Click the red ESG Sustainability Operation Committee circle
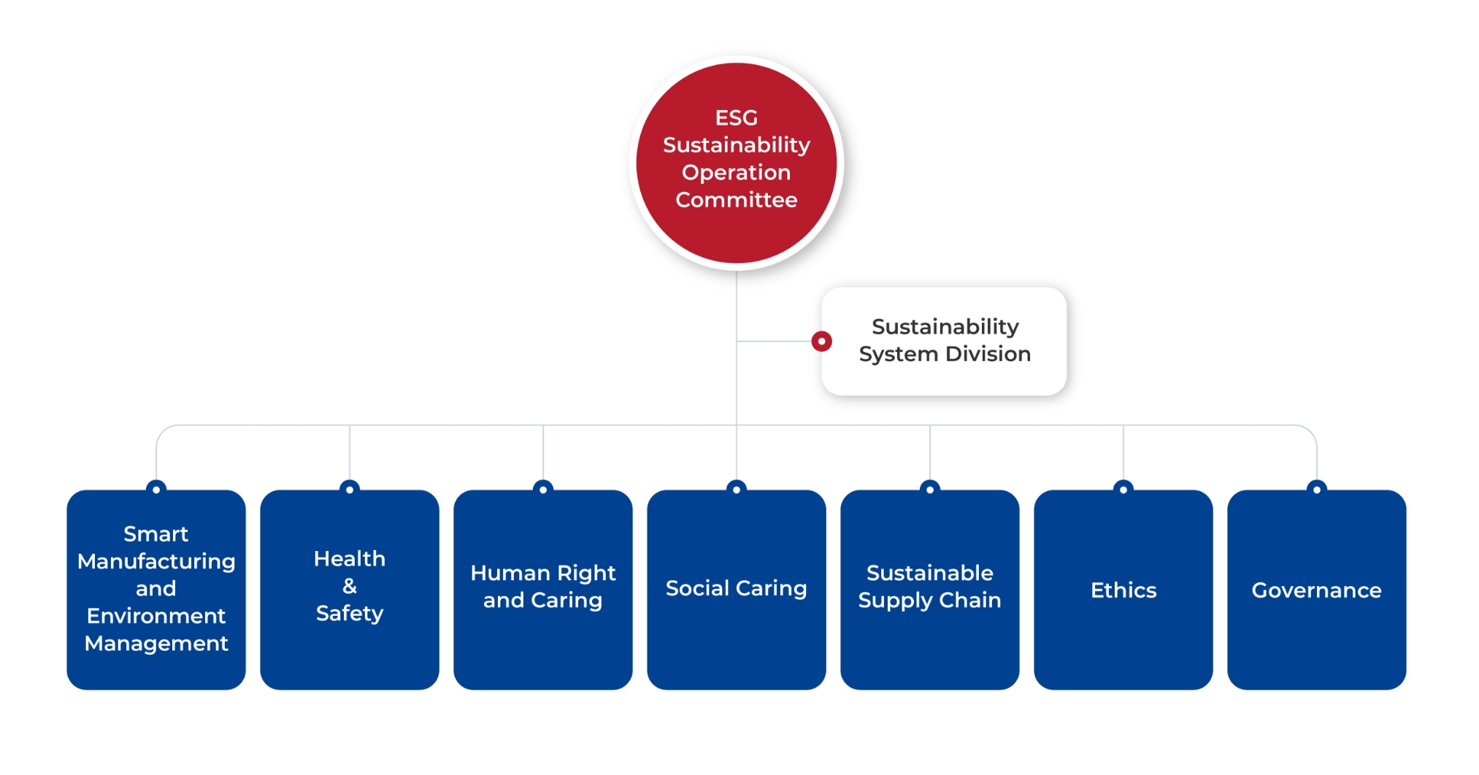736,163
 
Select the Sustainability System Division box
944,341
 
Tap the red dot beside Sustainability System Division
821,341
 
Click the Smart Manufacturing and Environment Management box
156,590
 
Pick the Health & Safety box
350,590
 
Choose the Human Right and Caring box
543,590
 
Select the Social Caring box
737,590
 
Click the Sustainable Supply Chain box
930,590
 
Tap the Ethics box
1123,590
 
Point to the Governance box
1317,590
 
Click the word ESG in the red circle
736,117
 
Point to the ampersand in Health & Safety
350,586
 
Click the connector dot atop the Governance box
1317,489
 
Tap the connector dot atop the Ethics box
1123,489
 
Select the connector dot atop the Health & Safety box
350,489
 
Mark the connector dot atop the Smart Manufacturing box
156,489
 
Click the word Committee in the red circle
736,199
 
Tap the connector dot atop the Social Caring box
737,489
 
